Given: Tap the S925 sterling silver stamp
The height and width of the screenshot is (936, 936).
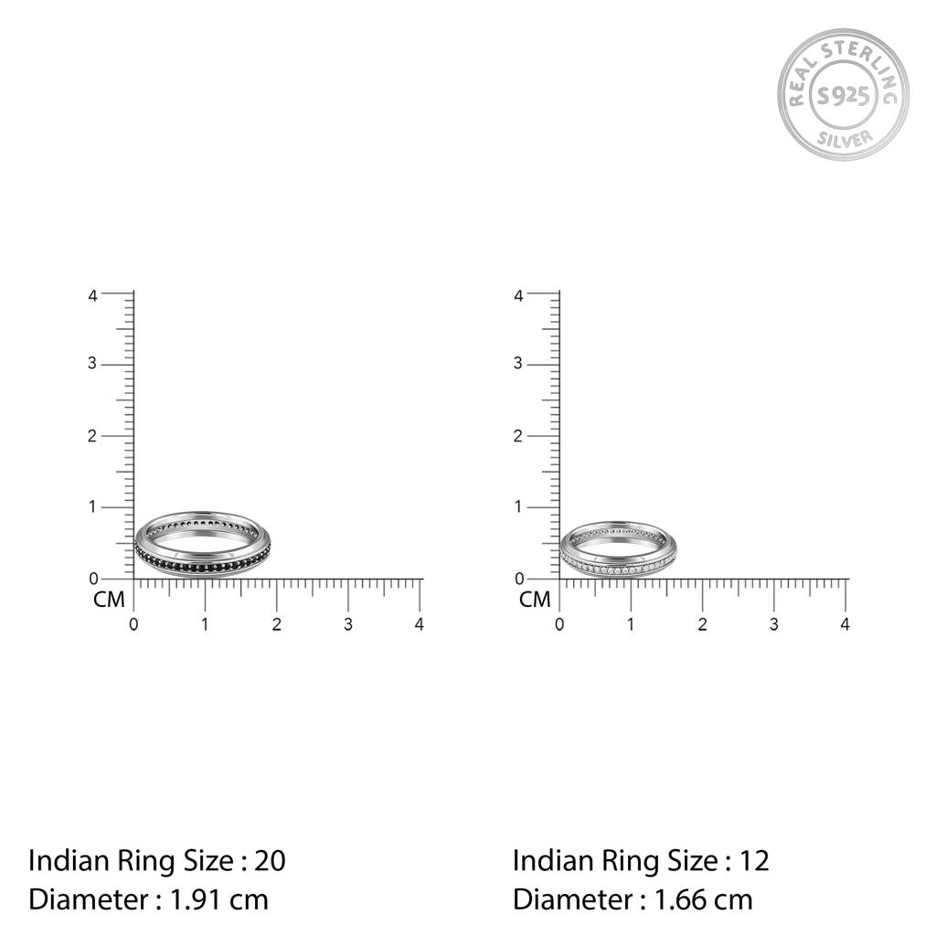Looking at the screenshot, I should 843,94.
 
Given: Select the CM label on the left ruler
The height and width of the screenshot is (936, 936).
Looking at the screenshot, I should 109,601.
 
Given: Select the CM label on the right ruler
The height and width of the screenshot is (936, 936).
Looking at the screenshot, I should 535,601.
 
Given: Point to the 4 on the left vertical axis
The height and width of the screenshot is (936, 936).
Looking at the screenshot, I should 92,295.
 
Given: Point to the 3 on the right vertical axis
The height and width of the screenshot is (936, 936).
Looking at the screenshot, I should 518,364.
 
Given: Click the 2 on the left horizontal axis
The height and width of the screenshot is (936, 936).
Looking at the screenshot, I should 276,624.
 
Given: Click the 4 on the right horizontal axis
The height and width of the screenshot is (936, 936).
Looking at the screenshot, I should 846,624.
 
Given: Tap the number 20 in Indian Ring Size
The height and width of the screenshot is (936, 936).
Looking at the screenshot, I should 270,860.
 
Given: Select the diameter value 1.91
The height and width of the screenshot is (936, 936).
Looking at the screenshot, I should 196,899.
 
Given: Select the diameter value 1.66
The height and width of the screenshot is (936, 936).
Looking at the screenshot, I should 680,899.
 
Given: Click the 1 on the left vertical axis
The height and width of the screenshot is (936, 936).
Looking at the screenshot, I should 92,507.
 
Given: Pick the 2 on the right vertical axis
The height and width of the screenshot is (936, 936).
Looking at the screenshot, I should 518,436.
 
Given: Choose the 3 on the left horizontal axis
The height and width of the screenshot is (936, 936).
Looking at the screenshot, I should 348,624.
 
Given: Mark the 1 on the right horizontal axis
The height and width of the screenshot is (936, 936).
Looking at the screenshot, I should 631,624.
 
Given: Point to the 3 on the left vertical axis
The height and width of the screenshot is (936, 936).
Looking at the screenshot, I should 92,364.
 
